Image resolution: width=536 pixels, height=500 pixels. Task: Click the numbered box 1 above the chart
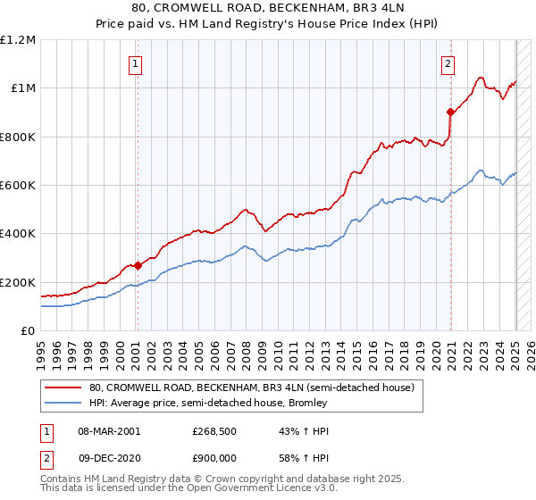tap(135, 63)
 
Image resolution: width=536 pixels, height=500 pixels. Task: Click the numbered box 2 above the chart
tap(447, 63)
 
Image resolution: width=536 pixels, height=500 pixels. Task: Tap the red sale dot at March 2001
tap(138, 265)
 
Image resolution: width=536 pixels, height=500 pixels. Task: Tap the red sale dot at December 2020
tap(450, 112)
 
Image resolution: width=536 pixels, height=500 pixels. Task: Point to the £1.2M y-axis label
tap(19, 40)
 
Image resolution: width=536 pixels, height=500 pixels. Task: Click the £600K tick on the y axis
tap(19, 186)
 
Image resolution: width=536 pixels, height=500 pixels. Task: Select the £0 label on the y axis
tap(28, 331)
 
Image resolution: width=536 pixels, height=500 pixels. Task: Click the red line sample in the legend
tap(63, 388)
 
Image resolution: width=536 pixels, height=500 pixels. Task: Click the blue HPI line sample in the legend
tap(63, 404)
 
